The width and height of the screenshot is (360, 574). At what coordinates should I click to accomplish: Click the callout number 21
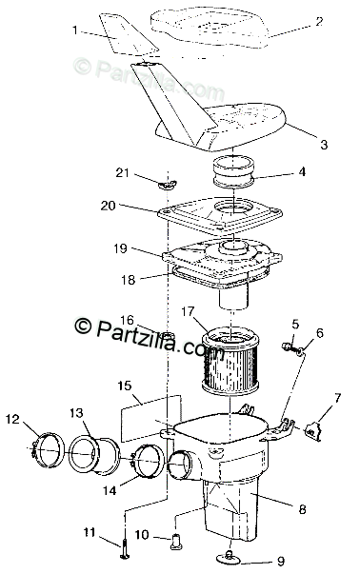click(122, 172)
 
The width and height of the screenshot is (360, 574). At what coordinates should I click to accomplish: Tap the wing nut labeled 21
click(168, 184)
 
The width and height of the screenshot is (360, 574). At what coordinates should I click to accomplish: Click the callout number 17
click(187, 312)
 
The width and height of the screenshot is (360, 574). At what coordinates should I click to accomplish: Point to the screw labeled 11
click(124, 548)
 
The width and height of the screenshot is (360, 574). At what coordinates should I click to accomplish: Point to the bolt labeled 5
click(288, 346)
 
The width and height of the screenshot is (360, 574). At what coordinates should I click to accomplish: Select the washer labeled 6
click(299, 352)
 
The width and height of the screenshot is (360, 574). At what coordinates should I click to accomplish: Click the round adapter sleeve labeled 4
click(233, 171)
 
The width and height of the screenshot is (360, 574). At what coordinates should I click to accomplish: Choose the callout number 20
click(108, 206)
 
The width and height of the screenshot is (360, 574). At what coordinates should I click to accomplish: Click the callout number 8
click(302, 509)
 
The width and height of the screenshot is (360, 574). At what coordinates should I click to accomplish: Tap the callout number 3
click(324, 145)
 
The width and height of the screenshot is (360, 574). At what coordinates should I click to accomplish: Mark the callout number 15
click(125, 386)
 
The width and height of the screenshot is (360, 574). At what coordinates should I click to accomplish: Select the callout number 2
click(319, 21)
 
